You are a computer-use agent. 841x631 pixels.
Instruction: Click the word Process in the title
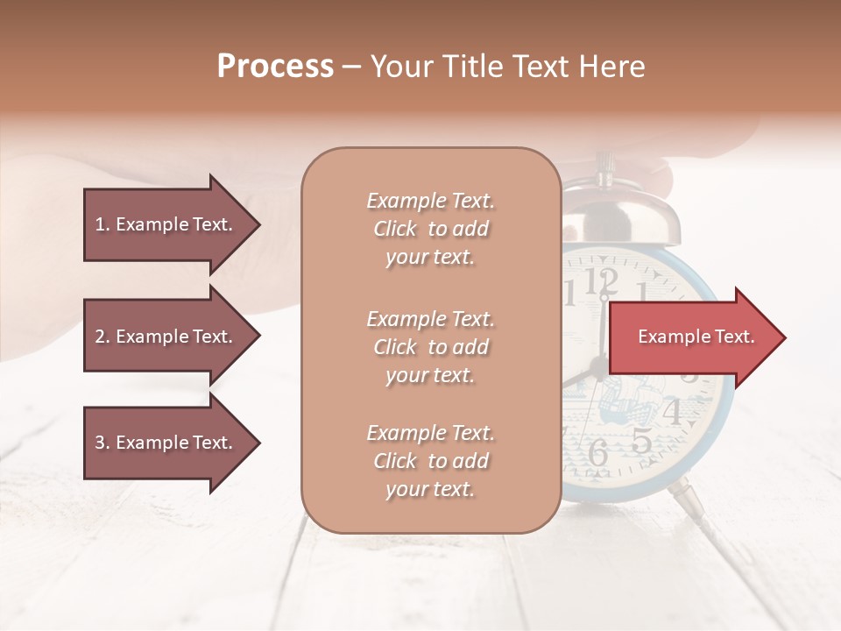[275, 67]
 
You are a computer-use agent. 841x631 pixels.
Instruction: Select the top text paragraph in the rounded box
[430, 229]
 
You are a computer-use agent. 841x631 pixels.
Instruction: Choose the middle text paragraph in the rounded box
[430, 347]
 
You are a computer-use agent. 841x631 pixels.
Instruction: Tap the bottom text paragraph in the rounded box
[430, 461]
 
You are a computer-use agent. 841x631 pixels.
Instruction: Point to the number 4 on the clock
[671, 409]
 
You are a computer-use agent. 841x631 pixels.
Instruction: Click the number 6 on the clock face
[597, 452]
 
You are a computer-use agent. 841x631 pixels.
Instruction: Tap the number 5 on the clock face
[641, 441]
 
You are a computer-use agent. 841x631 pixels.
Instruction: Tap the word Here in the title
[613, 67]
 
